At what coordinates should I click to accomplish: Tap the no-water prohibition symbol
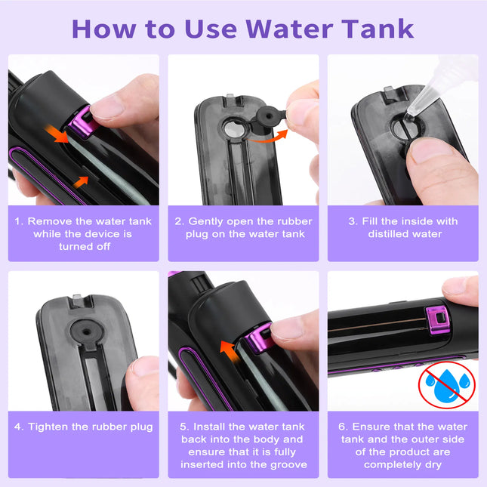coord(447,383)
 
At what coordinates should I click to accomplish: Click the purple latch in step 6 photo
coord(437,322)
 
